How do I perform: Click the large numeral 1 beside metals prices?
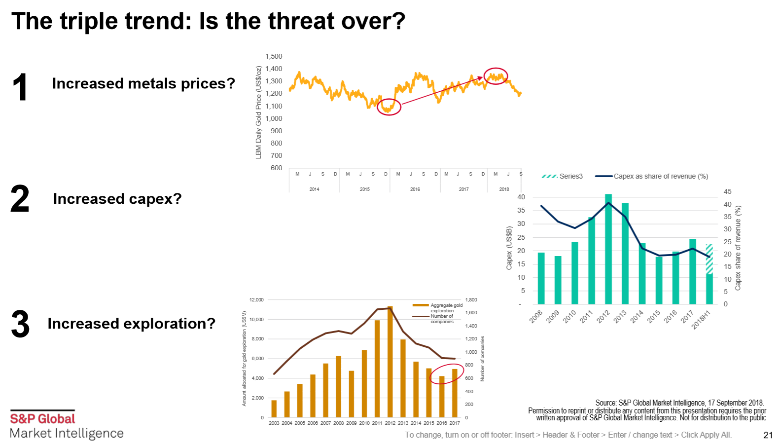point(20,87)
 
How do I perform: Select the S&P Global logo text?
point(42,419)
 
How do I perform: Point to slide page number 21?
point(768,435)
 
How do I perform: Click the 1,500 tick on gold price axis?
point(274,57)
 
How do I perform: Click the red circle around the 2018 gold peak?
point(496,76)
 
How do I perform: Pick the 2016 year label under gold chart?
point(415,189)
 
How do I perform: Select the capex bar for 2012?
point(608,249)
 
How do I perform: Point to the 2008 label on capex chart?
point(536,316)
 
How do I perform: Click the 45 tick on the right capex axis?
point(727,191)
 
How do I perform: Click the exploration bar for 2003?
point(274,408)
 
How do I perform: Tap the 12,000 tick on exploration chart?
point(256,300)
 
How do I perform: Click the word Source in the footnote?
point(605,403)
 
